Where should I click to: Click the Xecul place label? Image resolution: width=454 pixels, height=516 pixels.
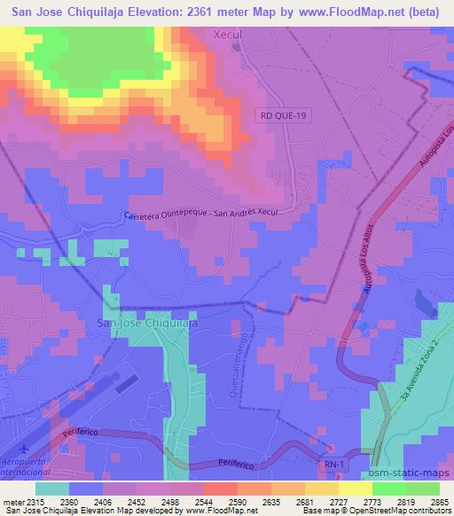click(233, 35)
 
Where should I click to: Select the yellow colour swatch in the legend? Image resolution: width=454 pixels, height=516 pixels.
click(355, 489)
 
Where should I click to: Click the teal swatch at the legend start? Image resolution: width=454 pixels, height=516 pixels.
click(52, 489)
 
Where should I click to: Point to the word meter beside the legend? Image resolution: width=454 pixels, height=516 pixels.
click(12, 502)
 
